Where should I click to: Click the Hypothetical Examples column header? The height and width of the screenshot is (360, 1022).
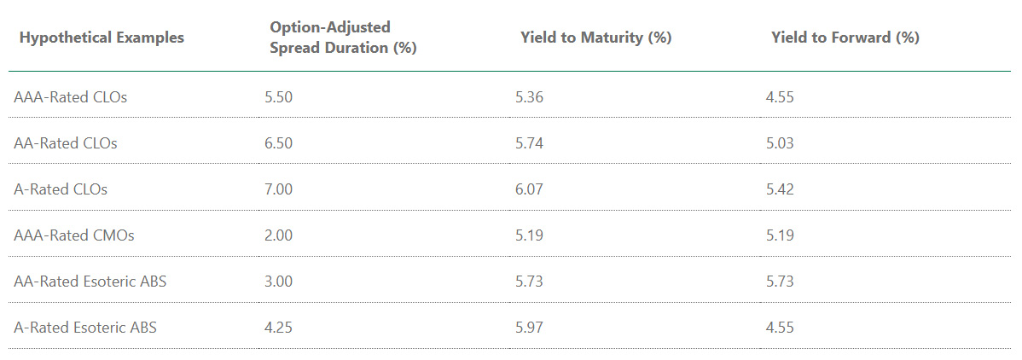(102, 38)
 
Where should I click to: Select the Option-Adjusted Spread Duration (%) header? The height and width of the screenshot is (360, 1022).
(343, 38)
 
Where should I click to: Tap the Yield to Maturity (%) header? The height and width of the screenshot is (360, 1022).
(595, 38)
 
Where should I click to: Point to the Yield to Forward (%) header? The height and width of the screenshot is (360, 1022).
(845, 38)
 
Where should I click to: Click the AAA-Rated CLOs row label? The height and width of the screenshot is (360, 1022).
(71, 97)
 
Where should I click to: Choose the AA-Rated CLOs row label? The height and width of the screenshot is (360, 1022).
(66, 143)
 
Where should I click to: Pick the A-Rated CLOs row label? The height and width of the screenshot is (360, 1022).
(61, 189)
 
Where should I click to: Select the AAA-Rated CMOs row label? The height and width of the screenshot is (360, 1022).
(73, 235)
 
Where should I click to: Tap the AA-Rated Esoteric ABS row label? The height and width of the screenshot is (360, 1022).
(90, 282)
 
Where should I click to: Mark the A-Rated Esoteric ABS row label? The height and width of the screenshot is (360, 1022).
(85, 328)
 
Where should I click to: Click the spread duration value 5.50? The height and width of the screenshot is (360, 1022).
(279, 97)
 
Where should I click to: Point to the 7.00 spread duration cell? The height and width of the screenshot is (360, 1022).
(279, 189)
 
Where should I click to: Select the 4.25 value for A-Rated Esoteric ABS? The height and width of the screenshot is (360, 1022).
(279, 328)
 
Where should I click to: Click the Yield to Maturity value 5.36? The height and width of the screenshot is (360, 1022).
(529, 97)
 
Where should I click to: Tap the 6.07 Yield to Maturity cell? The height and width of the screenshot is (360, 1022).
(529, 189)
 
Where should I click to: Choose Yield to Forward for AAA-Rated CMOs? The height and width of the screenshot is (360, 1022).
(780, 235)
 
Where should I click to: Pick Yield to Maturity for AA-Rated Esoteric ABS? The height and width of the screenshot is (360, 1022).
(529, 282)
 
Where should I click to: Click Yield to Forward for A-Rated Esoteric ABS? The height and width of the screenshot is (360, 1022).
(780, 328)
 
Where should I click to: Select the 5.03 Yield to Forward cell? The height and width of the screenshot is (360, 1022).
(780, 143)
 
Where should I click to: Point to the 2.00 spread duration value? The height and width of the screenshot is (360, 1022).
(279, 235)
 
